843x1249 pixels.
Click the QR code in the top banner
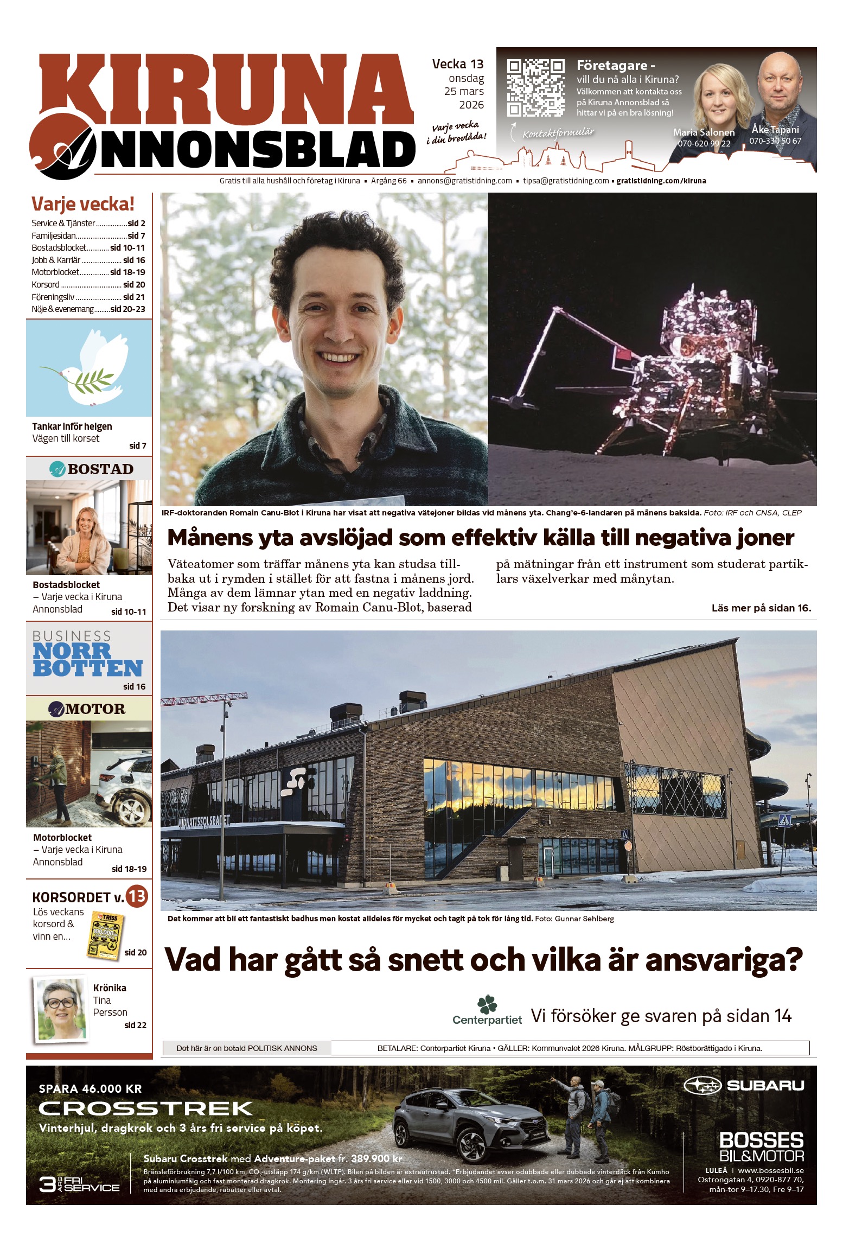coord(535,87)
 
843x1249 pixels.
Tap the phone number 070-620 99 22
coord(704,144)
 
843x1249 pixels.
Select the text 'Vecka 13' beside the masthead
coord(457,64)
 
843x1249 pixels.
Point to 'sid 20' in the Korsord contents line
coord(134,284)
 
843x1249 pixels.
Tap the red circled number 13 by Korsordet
coord(137,896)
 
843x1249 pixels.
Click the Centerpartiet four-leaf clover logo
coord(487,1004)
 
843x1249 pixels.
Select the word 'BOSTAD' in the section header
coord(100,469)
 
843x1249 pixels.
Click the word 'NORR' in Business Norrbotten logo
coord(72,651)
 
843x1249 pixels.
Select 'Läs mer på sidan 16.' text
coord(761,608)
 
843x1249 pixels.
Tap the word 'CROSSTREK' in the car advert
coord(146,1108)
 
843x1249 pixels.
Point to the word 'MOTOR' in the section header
coord(95,709)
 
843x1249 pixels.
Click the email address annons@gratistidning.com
coord(464,181)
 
